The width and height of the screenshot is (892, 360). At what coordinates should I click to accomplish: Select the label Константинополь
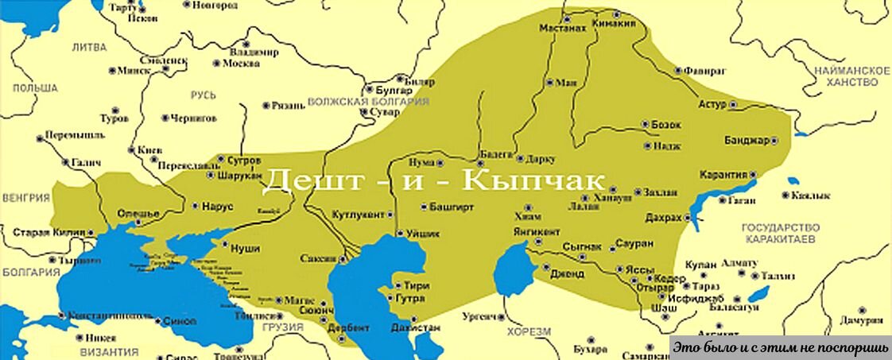tap(110, 315)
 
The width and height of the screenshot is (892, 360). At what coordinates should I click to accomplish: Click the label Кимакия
tap(615, 24)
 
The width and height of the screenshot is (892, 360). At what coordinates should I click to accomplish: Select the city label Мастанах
tap(563, 28)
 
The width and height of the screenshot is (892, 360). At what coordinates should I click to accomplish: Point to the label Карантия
tap(723, 174)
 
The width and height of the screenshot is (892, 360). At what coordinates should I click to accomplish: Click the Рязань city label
tap(288, 104)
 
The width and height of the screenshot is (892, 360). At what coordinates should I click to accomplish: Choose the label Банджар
tap(747, 141)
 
